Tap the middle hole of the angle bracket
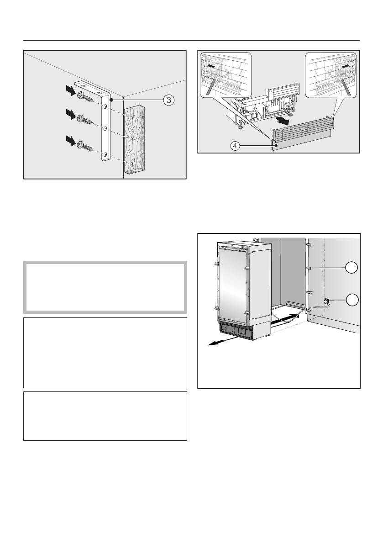(105, 130)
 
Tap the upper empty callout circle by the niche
(352, 268)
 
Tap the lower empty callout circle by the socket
(352, 300)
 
